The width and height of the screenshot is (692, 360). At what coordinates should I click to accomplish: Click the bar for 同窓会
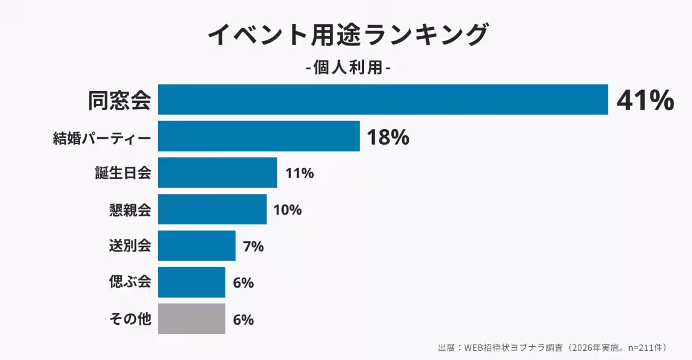[383, 100]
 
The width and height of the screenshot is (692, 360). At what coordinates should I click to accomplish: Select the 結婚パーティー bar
[258, 136]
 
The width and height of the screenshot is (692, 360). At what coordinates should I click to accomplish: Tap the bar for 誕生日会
[217, 172]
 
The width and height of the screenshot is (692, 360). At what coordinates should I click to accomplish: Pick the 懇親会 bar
[212, 209]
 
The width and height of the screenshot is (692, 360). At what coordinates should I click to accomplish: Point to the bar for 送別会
[197, 246]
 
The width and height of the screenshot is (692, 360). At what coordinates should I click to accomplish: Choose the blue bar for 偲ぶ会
[191, 282]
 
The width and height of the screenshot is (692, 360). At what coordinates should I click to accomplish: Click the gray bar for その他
[191, 318]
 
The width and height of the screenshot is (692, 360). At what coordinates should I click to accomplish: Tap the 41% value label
[645, 100]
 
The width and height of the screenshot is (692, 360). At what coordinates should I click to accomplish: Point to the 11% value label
[299, 173]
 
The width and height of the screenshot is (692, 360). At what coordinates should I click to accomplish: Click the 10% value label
[287, 209]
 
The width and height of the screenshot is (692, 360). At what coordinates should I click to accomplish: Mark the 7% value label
[253, 246]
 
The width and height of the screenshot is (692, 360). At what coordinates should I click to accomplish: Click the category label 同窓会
[119, 100]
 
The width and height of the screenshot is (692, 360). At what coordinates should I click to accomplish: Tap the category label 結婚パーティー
[102, 137]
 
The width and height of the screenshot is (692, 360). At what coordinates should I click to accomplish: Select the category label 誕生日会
[123, 173]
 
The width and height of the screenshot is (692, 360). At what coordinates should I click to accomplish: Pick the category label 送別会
[130, 246]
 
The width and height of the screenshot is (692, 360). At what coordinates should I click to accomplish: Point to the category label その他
[130, 318]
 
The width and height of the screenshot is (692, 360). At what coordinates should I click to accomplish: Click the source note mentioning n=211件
[552, 347]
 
